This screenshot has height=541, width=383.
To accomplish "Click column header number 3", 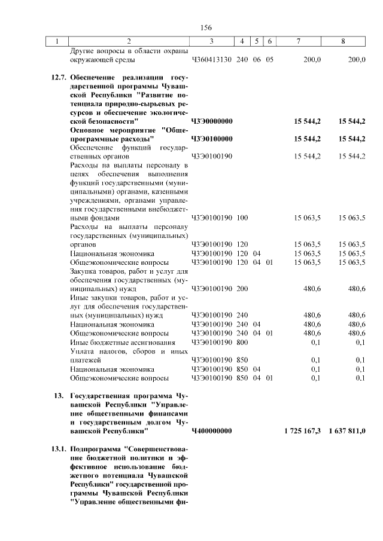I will (x=211, y=41).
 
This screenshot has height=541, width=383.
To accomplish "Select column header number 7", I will (x=298, y=41).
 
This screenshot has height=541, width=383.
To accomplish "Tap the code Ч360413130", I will (x=212, y=60).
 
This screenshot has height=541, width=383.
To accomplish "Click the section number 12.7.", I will (x=58, y=78).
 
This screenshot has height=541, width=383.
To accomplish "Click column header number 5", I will (x=256, y=41).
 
